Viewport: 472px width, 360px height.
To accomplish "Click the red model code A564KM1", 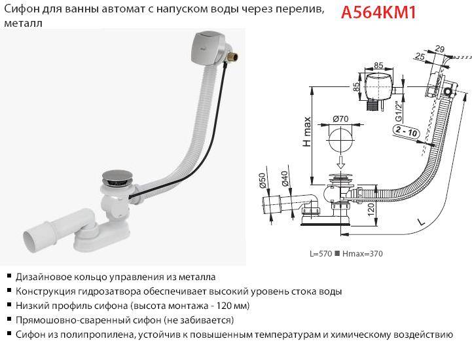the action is (378, 12).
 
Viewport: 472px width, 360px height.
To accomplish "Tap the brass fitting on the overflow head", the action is (233, 56).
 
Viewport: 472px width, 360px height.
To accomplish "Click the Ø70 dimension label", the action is (340, 119).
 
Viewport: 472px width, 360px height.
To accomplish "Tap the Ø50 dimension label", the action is (263, 180).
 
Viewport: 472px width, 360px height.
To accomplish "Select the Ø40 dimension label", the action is (285, 179).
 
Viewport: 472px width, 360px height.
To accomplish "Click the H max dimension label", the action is (306, 132).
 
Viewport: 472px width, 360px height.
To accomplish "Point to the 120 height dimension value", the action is (371, 209).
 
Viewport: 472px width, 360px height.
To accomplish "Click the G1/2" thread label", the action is (399, 111).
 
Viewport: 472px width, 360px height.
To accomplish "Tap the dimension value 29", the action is (439, 49).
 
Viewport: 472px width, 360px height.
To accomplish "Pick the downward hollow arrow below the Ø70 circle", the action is (341, 162).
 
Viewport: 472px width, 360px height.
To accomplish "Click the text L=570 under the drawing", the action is (321, 254).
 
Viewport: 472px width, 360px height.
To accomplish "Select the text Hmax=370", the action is (363, 254).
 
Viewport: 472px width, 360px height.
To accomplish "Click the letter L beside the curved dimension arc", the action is (422, 222).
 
